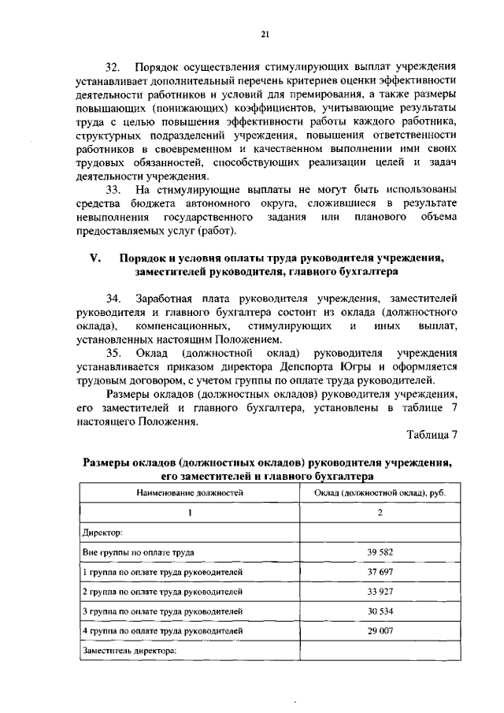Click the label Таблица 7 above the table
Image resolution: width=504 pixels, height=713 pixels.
click(x=432, y=435)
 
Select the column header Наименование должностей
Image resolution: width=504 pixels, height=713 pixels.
click(x=189, y=492)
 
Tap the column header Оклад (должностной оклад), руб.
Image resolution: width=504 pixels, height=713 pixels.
click(x=380, y=492)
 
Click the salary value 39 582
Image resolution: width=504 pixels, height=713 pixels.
click(x=380, y=552)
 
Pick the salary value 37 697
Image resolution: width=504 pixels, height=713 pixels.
click(x=380, y=572)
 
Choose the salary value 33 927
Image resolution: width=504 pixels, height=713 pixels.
click(x=380, y=591)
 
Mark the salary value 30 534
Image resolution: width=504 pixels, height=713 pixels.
click(x=380, y=611)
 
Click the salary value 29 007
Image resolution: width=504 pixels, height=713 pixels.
click(x=380, y=630)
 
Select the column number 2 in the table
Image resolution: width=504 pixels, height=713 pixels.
click(x=380, y=513)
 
